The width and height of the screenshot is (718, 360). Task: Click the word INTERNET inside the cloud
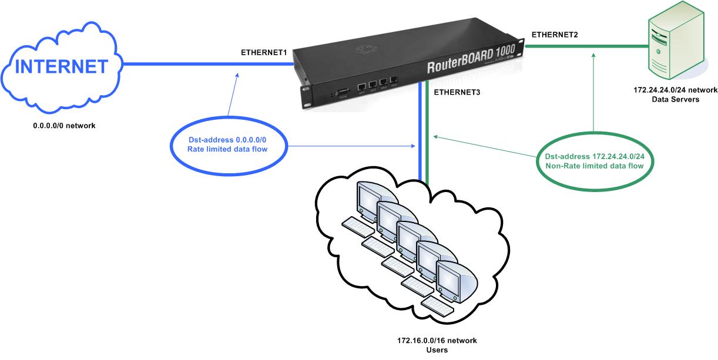62,67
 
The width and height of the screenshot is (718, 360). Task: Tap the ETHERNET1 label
264,53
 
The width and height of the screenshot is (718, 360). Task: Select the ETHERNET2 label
554,35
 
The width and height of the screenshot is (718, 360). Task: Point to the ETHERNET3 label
457,92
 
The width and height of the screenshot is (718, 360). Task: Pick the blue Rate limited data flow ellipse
227,144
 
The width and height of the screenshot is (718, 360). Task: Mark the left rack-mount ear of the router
307,93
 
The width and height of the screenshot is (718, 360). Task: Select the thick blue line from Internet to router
206,64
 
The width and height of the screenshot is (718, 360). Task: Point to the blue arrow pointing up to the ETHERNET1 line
233,94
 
